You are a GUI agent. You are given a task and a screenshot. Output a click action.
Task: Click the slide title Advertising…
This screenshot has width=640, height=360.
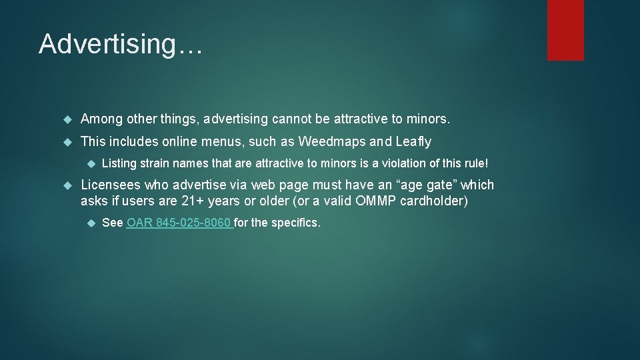(x=120, y=44)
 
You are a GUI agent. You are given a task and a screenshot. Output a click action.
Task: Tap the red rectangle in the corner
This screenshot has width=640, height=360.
(x=565, y=30)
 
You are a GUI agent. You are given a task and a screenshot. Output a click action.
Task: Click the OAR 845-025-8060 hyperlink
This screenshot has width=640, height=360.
(x=179, y=223)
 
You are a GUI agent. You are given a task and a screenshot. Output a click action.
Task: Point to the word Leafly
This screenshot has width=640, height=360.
(x=413, y=141)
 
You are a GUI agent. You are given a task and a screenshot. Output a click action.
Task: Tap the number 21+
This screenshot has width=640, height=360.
(x=193, y=201)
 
